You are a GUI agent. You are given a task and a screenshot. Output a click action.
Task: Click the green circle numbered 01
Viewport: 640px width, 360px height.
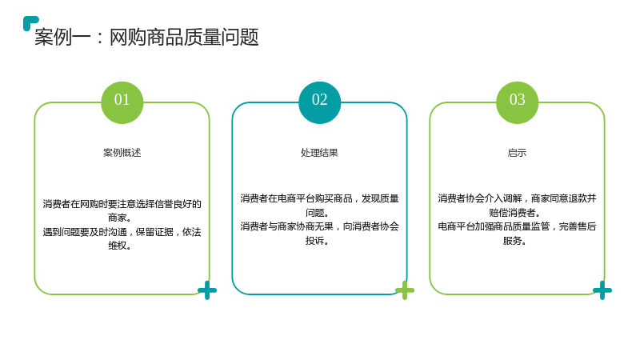tap(122, 102)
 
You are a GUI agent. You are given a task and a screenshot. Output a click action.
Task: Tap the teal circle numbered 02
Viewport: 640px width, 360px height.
tap(319, 102)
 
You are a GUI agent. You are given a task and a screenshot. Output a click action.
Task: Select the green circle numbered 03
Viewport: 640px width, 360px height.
tap(517, 102)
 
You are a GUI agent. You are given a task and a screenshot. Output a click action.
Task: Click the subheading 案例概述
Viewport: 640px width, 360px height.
tap(122, 153)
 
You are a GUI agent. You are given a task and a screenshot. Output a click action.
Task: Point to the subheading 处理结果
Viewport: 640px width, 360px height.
tap(319, 153)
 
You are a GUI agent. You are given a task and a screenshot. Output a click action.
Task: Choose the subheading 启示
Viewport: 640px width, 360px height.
tap(517, 153)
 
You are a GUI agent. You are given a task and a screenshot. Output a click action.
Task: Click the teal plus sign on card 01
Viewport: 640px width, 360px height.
tap(207, 290)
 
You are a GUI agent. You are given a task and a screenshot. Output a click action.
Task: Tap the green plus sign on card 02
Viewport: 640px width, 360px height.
tap(405, 290)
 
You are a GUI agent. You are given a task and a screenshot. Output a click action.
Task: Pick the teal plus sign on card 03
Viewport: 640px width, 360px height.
tap(602, 290)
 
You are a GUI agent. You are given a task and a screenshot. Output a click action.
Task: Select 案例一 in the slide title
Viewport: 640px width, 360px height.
tap(62, 37)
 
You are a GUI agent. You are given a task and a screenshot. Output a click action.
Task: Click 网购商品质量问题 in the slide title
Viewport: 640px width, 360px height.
tap(184, 37)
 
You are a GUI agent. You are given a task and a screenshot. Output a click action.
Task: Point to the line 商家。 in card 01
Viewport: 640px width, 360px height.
tap(119, 218)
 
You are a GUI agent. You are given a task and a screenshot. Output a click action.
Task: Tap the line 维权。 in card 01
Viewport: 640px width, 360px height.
tap(119, 246)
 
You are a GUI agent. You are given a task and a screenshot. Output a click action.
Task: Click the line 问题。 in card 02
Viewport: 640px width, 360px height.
tap(318, 212)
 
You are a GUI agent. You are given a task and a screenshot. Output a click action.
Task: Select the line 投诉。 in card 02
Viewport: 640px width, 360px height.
tap(318, 241)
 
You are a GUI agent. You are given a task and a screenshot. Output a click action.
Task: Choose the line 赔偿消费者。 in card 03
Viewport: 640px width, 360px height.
tap(514, 212)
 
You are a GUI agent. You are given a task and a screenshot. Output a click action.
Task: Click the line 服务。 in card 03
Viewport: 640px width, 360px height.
tap(514, 241)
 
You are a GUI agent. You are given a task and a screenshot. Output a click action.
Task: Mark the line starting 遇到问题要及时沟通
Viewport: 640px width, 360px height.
tap(122, 232)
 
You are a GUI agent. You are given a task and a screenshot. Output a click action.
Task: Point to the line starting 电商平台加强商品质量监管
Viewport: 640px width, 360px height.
tap(517, 226)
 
